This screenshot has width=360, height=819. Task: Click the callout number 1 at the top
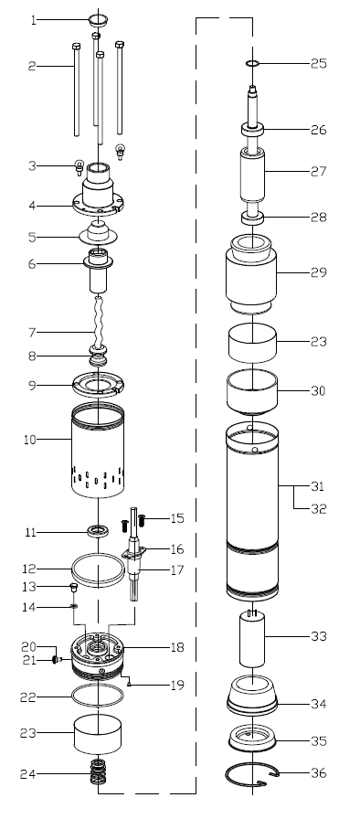(x=34, y=20)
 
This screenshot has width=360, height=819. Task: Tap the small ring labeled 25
(x=252, y=64)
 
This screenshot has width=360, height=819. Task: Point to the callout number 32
(x=318, y=508)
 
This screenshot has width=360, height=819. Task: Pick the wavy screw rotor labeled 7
(x=98, y=320)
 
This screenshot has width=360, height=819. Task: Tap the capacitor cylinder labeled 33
(x=252, y=638)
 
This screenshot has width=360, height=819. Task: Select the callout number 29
(x=318, y=272)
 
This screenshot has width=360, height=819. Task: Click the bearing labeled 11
(x=98, y=531)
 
